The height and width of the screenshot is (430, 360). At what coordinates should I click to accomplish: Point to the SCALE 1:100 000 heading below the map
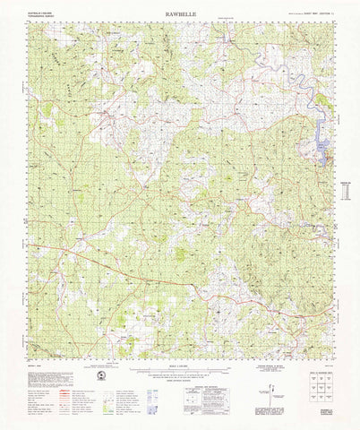[179, 360]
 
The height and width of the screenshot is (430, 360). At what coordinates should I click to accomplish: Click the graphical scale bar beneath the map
[179, 368]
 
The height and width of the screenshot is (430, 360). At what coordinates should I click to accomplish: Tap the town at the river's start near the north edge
[231, 42]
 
